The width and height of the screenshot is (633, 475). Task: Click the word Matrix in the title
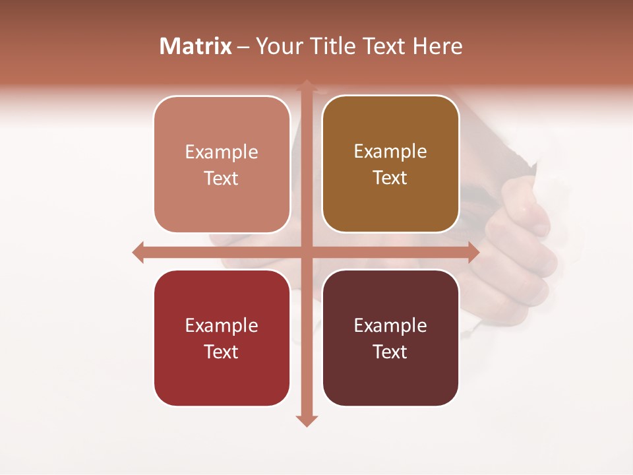click(x=196, y=46)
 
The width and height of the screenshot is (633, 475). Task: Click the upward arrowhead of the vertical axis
click(x=306, y=84)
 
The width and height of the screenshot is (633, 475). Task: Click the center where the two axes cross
click(x=306, y=252)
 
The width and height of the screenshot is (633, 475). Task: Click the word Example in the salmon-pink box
click(x=222, y=152)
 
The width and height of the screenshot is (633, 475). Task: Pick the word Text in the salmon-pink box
click(x=222, y=179)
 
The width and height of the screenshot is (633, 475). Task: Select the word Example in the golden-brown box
click(x=390, y=152)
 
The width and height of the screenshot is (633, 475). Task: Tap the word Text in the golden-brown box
click(x=390, y=178)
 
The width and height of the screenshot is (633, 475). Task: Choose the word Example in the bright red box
click(x=222, y=326)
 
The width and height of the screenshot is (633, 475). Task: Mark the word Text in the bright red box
click(x=222, y=352)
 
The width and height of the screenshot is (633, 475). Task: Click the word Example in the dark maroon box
click(x=390, y=326)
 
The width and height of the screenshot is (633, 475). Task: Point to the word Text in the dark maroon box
click(x=390, y=352)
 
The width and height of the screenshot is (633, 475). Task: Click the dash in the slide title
click(x=243, y=47)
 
